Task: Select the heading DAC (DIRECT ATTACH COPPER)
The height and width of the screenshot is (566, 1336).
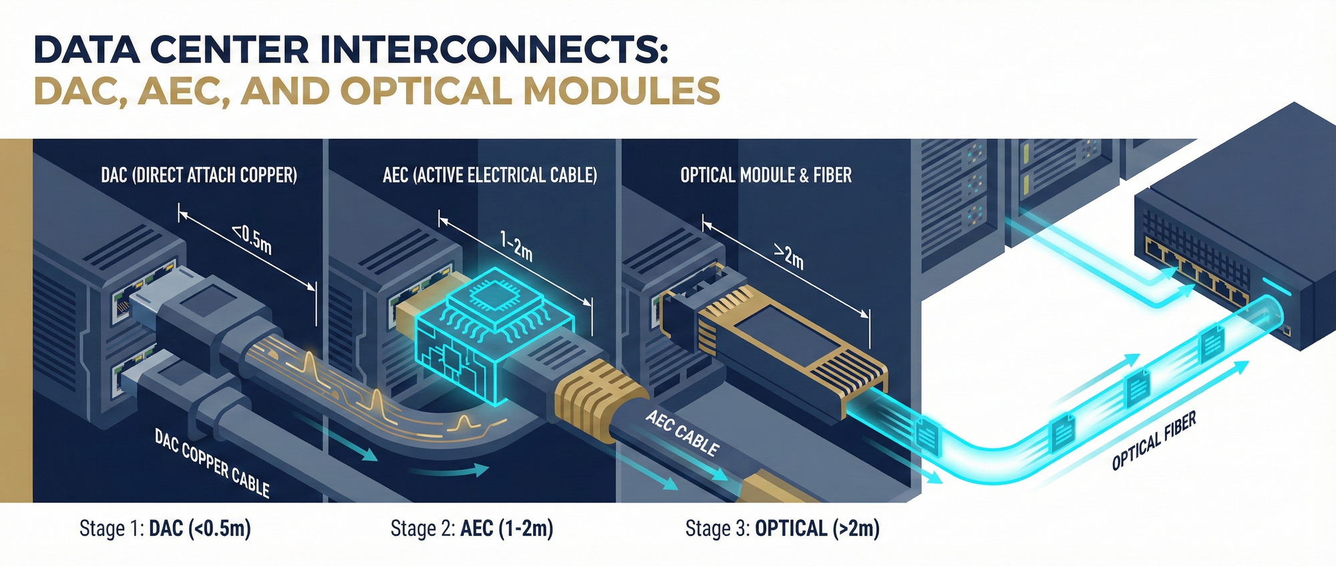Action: [x=199, y=176]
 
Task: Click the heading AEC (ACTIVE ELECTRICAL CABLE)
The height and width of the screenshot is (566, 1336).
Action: [x=490, y=176]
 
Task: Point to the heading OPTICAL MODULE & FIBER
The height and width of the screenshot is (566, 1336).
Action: [x=766, y=176]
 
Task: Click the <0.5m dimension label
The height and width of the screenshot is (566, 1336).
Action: [x=253, y=241]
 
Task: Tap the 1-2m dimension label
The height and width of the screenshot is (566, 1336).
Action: [x=516, y=246]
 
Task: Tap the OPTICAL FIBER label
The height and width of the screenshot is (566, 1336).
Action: [x=1154, y=441]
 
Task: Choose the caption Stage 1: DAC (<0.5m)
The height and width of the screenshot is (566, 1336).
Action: [x=165, y=529]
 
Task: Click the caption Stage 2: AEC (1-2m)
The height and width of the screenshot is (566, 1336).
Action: [x=472, y=529]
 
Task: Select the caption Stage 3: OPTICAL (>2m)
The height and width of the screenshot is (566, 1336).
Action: [x=782, y=529]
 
